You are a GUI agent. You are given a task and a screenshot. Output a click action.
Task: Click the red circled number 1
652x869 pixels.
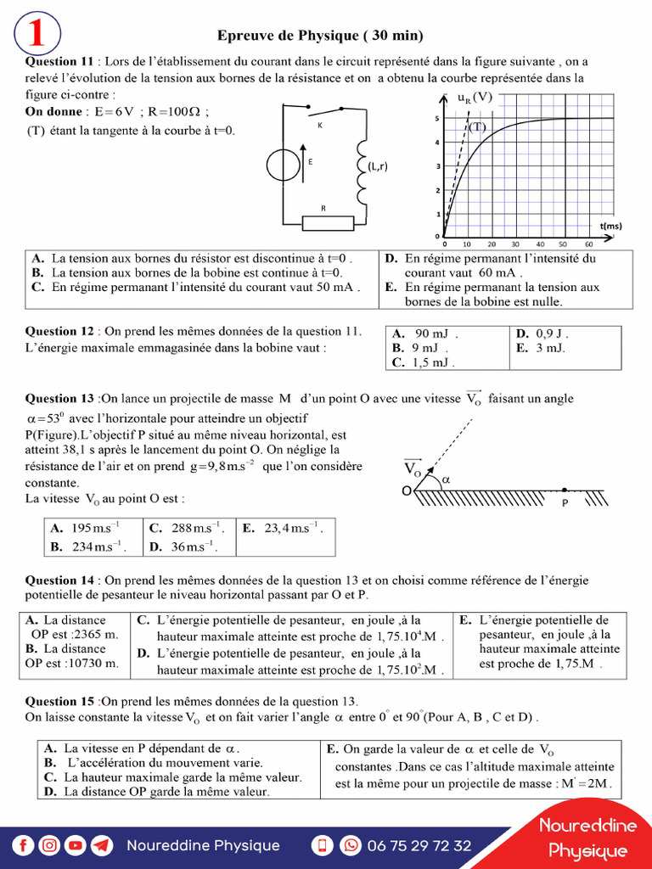pos(37,34)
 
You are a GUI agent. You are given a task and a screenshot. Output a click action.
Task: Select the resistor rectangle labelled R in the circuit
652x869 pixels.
pos(328,222)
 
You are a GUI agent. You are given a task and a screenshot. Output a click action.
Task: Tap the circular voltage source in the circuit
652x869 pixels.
pos(283,165)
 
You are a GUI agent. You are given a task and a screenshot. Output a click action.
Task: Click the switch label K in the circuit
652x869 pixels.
pos(320,125)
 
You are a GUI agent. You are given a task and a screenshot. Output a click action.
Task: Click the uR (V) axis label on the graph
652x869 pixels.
pos(475,98)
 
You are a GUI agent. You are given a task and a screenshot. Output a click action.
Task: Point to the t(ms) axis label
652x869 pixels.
pos(610,226)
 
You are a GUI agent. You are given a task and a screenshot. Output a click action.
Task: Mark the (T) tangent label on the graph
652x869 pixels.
pos(477,127)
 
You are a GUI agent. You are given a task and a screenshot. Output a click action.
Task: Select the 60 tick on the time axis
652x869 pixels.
pos(587,244)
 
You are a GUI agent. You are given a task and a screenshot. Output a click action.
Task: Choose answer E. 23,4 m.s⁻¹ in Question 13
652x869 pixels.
pos(283,528)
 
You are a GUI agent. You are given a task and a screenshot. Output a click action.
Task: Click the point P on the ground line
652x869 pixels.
pos(565,490)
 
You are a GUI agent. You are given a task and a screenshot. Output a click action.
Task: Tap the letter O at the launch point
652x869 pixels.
pos(406,491)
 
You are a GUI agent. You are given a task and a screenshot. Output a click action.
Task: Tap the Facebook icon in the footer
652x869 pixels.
pos(24,845)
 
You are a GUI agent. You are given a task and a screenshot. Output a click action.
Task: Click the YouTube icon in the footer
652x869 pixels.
pos(76,845)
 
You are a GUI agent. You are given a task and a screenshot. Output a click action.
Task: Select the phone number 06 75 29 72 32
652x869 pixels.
pos(419,845)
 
